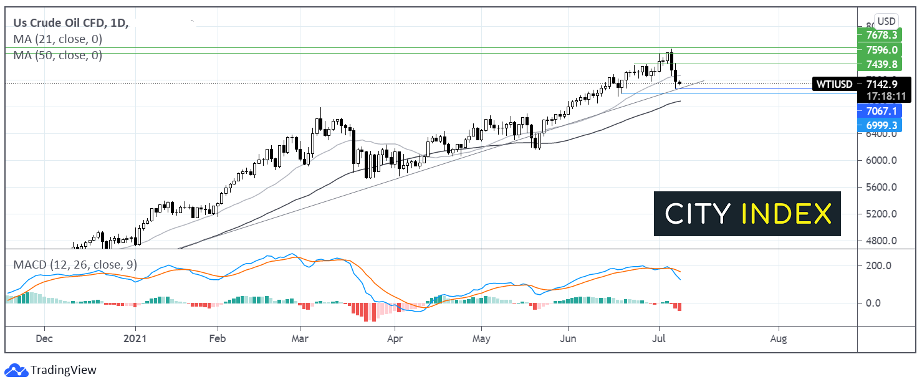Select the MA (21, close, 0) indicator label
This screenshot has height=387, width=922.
tap(58, 39)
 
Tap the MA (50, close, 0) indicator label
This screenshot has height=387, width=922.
tap(58, 55)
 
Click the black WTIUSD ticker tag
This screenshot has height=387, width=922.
tap(835, 84)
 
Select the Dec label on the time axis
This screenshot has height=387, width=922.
tap(44, 339)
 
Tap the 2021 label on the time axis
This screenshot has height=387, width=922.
tap(135, 339)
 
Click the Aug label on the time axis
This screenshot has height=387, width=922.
tap(778, 339)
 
